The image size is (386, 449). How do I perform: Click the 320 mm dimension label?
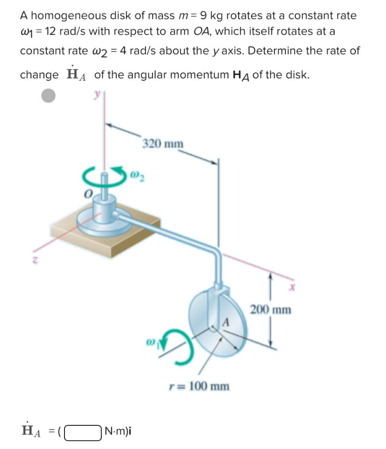[x=163, y=144]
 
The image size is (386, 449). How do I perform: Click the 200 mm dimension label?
[x=270, y=310]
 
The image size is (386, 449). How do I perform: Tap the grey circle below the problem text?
[x=49, y=96]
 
